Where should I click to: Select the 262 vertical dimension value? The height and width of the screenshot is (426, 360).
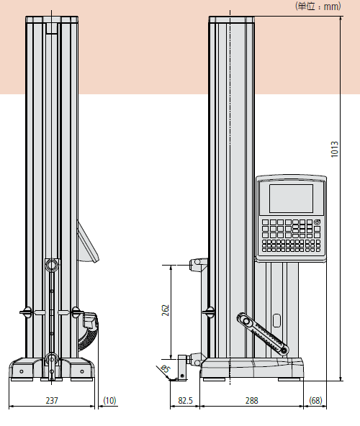165,310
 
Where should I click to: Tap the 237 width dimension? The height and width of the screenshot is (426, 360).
52,399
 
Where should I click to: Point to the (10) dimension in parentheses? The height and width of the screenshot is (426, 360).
109,399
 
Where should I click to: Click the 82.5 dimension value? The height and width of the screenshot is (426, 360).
186,399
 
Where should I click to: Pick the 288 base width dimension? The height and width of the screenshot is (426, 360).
251,399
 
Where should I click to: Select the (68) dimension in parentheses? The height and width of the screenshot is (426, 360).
315,399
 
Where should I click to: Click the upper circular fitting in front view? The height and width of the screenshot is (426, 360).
51,266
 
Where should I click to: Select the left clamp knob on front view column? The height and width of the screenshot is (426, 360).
26,312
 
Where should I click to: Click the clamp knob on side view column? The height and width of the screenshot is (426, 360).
210,312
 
